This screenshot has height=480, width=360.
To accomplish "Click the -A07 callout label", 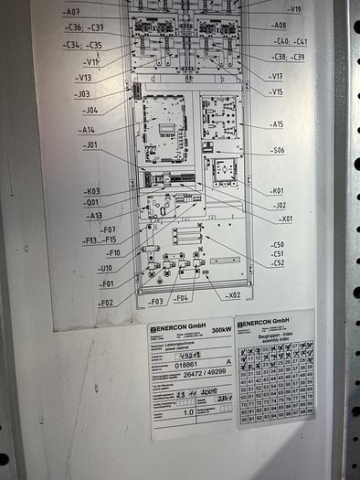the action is (71, 12).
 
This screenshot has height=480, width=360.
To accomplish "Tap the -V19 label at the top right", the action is (293, 9).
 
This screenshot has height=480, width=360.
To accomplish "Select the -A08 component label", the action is (278, 26).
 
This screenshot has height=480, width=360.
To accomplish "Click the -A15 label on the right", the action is (276, 123).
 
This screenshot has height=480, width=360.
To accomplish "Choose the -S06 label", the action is (277, 150).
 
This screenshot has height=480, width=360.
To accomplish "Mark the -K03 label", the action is (92, 192).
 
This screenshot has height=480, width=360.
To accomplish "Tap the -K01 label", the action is (277, 191).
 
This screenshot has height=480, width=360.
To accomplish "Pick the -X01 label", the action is (286, 219).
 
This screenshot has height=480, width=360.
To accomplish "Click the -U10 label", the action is (105, 269).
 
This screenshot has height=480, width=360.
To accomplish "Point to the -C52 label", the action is (277, 262).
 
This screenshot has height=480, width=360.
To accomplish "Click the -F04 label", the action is (181, 298).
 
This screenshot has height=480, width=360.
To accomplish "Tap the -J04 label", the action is (90, 110).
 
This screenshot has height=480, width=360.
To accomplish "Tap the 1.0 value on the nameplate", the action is (187, 412).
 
